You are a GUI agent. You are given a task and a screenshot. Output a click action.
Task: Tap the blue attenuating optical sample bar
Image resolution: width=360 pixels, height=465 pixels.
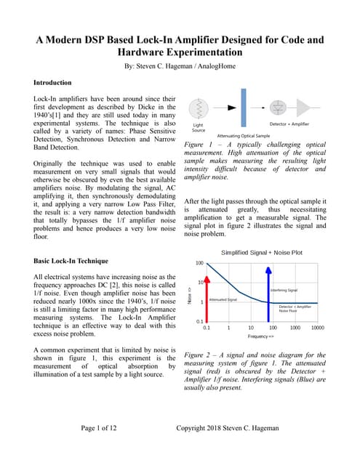click(x=242, y=110)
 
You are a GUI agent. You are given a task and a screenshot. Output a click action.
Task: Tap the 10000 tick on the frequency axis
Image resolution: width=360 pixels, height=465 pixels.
click(x=317, y=328)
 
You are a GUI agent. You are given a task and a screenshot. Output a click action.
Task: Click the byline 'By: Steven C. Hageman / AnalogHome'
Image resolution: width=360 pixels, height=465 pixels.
click(x=180, y=65)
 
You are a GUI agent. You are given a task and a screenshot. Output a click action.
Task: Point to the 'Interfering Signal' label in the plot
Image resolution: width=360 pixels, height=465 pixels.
click(x=286, y=290)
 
